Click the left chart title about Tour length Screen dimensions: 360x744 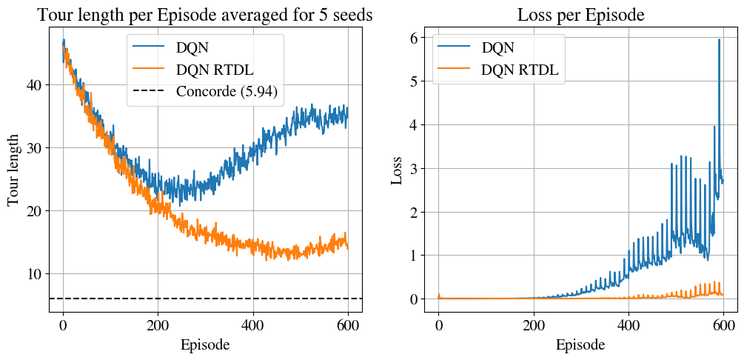pos(204,15)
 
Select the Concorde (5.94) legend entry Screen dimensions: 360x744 pos(230,92)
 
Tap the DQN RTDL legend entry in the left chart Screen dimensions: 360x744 pos(218,70)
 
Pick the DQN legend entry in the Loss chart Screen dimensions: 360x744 pos(497,48)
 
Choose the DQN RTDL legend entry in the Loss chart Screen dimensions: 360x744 pos(519,70)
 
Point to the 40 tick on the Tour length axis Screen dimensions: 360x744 pos(34,85)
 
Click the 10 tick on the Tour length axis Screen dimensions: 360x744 pos(34,274)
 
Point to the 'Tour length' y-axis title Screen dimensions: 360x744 pos(14,170)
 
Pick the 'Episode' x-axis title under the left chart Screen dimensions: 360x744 pos(204,344)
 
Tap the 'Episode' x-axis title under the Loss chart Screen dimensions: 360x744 pos(580,344)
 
